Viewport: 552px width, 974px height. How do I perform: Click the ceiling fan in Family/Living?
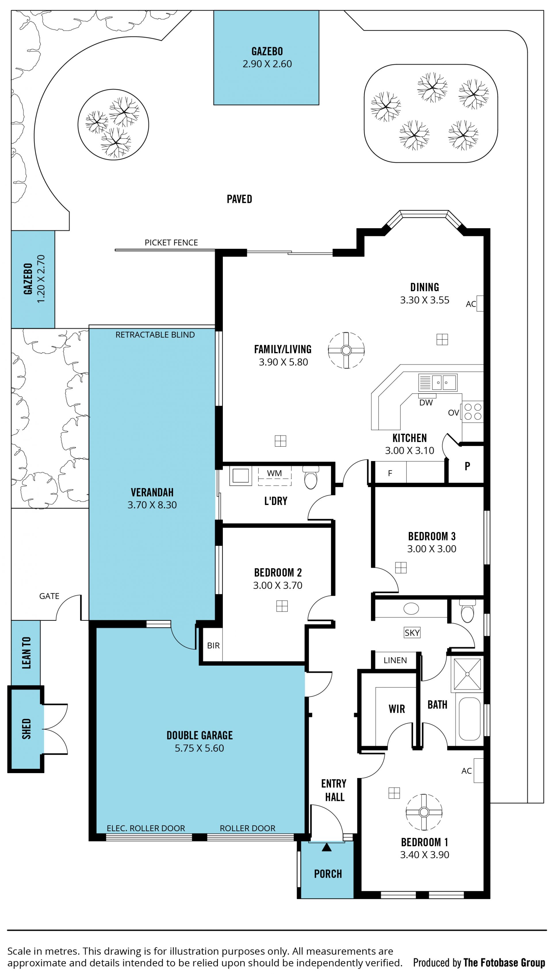(x=346, y=350)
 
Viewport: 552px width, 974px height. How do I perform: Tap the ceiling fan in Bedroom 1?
(x=424, y=812)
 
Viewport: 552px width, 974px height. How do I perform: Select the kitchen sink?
(x=438, y=383)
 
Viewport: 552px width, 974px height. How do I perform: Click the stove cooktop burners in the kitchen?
(x=473, y=412)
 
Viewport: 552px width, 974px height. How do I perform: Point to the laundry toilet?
(x=310, y=478)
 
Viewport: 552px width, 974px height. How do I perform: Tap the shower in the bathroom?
(x=467, y=674)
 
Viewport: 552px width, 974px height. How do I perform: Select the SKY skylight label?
(x=412, y=633)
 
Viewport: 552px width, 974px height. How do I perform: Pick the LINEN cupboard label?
(x=395, y=660)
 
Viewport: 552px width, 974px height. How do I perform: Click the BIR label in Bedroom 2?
(x=213, y=646)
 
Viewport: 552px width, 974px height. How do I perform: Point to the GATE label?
(x=49, y=596)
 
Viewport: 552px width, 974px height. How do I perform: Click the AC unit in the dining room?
(x=480, y=303)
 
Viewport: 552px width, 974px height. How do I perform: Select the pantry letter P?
(x=467, y=466)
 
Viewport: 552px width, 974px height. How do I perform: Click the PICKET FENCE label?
(x=171, y=243)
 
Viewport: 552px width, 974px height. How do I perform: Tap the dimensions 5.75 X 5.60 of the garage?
(x=200, y=748)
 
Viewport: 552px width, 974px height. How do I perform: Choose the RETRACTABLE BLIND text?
(x=155, y=335)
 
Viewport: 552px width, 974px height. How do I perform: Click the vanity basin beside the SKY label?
(x=411, y=609)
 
